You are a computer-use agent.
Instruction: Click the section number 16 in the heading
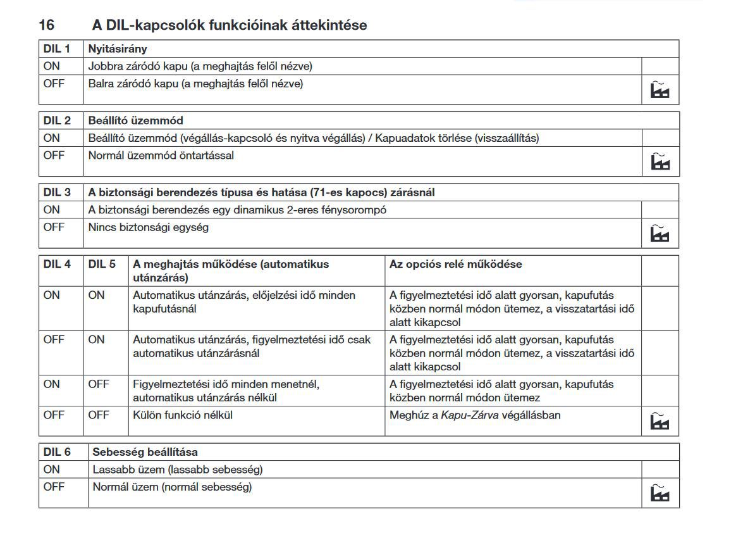46,25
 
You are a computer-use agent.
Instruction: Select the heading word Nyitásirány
118,49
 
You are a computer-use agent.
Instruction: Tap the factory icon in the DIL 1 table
660,91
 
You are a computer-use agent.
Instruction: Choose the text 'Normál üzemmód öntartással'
161,155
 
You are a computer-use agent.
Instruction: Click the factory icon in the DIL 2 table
660,162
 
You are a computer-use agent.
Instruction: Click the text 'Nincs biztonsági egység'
148,227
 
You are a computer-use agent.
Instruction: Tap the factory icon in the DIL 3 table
660,234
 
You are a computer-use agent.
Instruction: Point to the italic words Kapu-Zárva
470,415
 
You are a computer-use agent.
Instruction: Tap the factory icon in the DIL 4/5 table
660,420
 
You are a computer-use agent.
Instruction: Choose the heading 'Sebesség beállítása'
145,452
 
